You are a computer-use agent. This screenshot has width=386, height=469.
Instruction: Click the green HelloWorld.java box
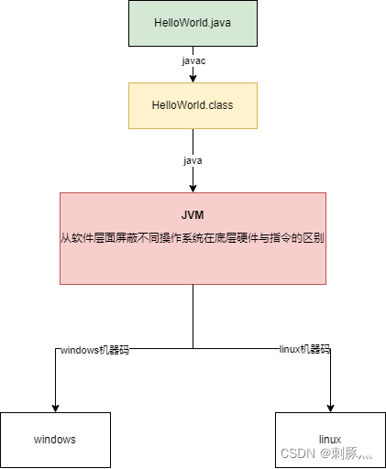pyautogui.click(x=193, y=23)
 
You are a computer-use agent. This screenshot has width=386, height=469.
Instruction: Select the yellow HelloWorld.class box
pyautogui.click(x=193, y=105)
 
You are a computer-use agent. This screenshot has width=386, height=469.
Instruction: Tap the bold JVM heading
pyautogui.click(x=193, y=214)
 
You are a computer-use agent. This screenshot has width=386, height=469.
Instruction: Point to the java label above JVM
pyautogui.click(x=193, y=159)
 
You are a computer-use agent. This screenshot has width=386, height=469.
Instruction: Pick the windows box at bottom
pyautogui.click(x=55, y=440)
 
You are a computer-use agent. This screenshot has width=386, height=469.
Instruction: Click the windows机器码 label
pyautogui.click(x=94, y=350)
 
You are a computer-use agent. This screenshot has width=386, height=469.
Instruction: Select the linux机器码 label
pyautogui.click(x=304, y=349)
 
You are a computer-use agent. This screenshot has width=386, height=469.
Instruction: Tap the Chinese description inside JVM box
pyautogui.click(x=193, y=237)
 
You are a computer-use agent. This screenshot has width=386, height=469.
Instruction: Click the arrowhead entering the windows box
pyautogui.click(x=55, y=408)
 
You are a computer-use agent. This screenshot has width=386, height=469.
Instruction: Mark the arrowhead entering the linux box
pyautogui.click(x=329, y=408)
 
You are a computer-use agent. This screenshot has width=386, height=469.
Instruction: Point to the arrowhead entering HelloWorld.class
pyautogui.click(x=193, y=79)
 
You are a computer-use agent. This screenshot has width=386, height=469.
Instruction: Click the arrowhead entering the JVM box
pyautogui.click(x=193, y=188)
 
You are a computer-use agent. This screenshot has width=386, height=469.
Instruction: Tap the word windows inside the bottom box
pyautogui.click(x=55, y=440)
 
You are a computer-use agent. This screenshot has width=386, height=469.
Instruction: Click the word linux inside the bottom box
pyautogui.click(x=329, y=440)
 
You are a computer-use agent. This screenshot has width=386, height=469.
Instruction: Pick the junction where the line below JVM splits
pyautogui.click(x=193, y=348)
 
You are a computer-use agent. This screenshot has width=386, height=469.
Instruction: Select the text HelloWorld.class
pyautogui.click(x=193, y=105)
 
